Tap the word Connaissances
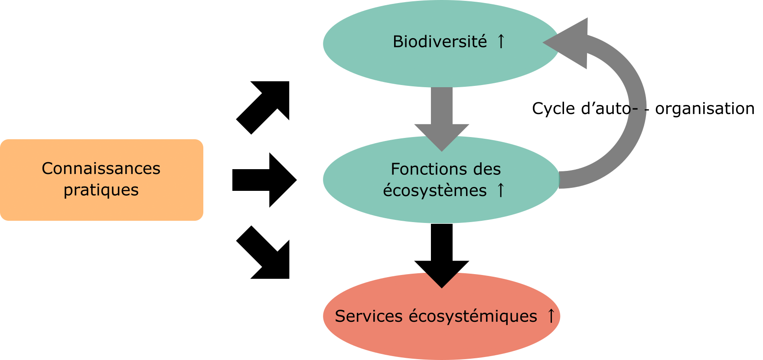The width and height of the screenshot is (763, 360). point(101,168)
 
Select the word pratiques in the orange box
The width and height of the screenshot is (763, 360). point(101,190)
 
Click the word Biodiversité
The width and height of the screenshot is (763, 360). point(440,42)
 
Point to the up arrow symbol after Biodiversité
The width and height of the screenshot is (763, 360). point(501,42)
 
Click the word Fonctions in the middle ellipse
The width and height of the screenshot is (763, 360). point(425,169)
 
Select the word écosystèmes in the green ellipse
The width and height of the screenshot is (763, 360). point(434,190)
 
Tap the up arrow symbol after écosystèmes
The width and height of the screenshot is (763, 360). point(500,190)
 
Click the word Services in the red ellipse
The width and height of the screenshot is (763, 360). point(368,316)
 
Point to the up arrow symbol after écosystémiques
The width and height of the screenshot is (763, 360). point(551,316)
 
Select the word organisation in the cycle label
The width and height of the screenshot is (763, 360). point(704,108)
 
